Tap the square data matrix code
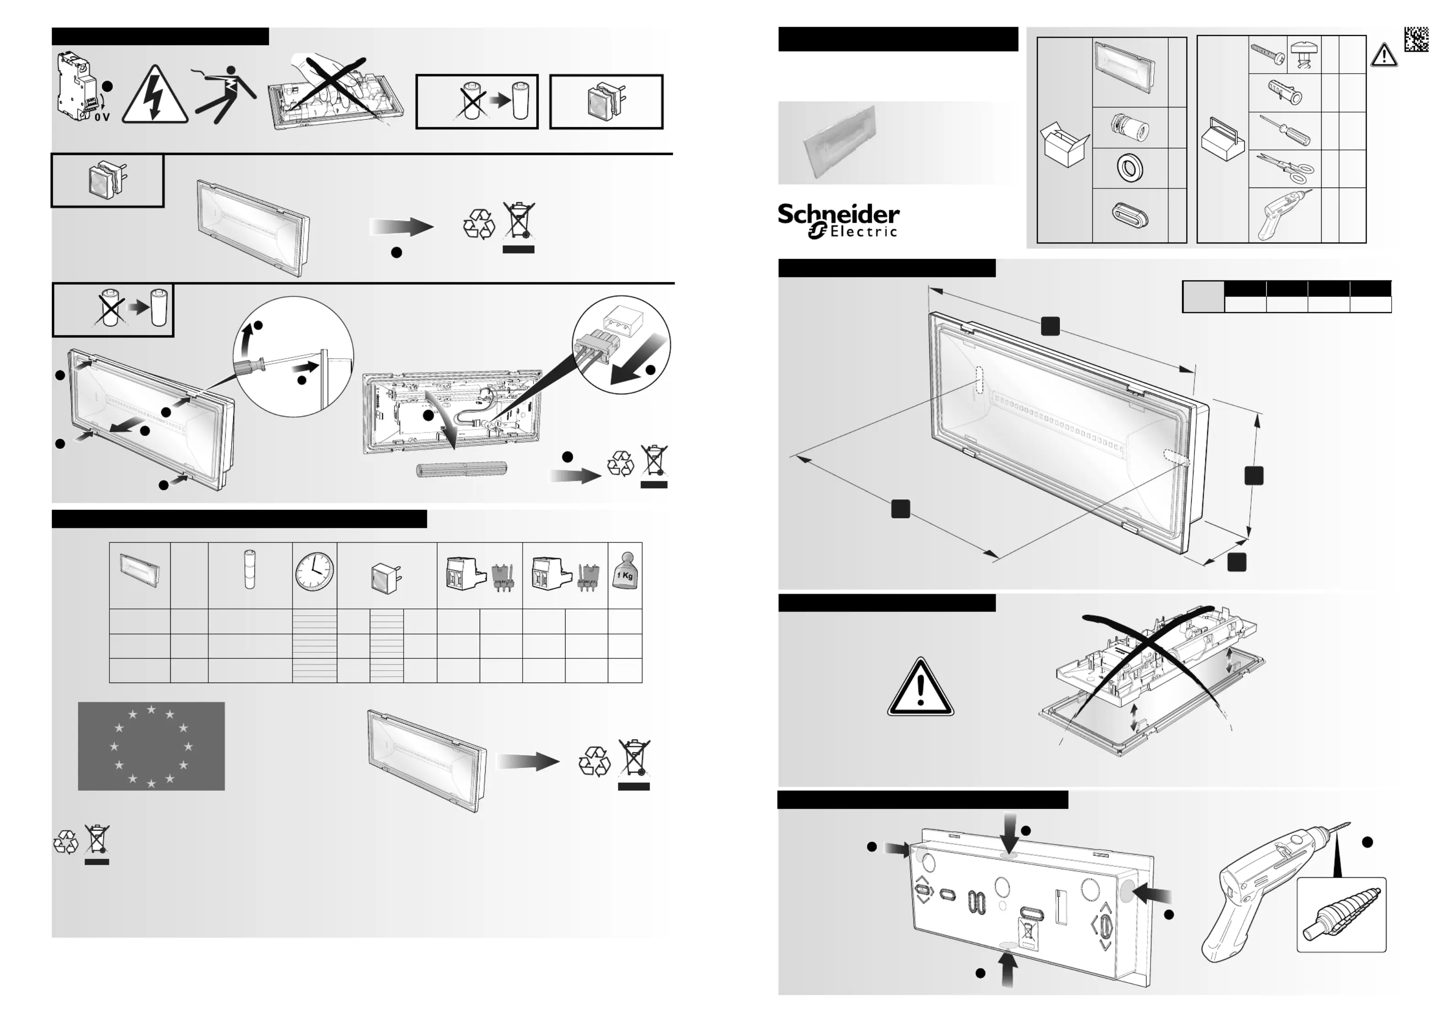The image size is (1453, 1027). [1416, 39]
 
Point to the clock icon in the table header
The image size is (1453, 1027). [314, 572]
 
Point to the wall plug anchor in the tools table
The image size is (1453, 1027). [1285, 92]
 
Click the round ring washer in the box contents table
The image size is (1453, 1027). [1129, 168]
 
